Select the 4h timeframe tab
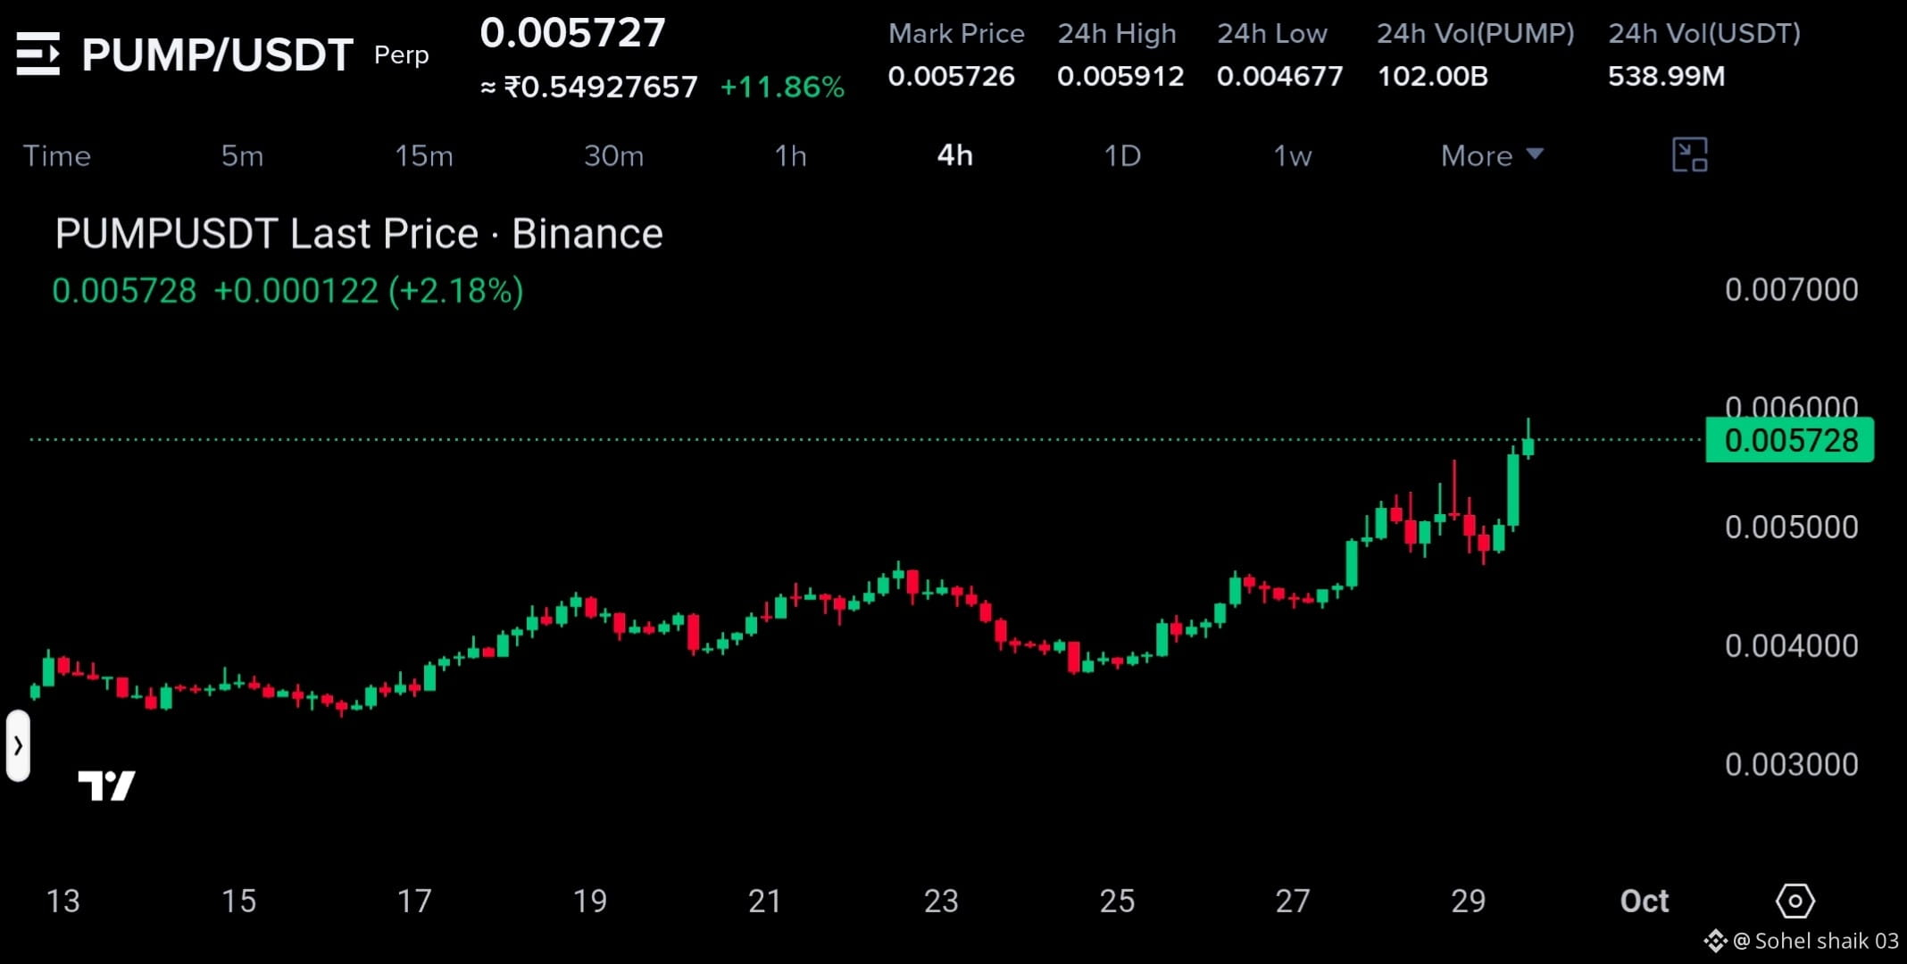coord(954,156)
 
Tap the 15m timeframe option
coord(424,156)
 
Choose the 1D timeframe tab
coord(1122,156)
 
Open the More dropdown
coord(1492,156)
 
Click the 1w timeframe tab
coord(1292,156)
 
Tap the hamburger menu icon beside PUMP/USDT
coord(38,54)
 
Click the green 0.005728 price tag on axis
coord(1789,440)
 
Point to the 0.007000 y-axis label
coord(1791,290)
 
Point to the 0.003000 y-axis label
coord(1791,765)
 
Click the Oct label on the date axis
coord(1645,902)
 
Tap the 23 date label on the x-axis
coord(941,902)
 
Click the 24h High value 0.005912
coord(1120,76)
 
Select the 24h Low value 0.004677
coord(1279,76)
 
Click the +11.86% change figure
coord(782,87)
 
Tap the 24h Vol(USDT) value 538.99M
coord(1666,76)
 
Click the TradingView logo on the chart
coord(106,785)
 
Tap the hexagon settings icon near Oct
coord(1795,901)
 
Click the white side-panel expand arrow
coord(18,745)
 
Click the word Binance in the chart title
coord(587,234)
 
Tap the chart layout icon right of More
coord(1689,155)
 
